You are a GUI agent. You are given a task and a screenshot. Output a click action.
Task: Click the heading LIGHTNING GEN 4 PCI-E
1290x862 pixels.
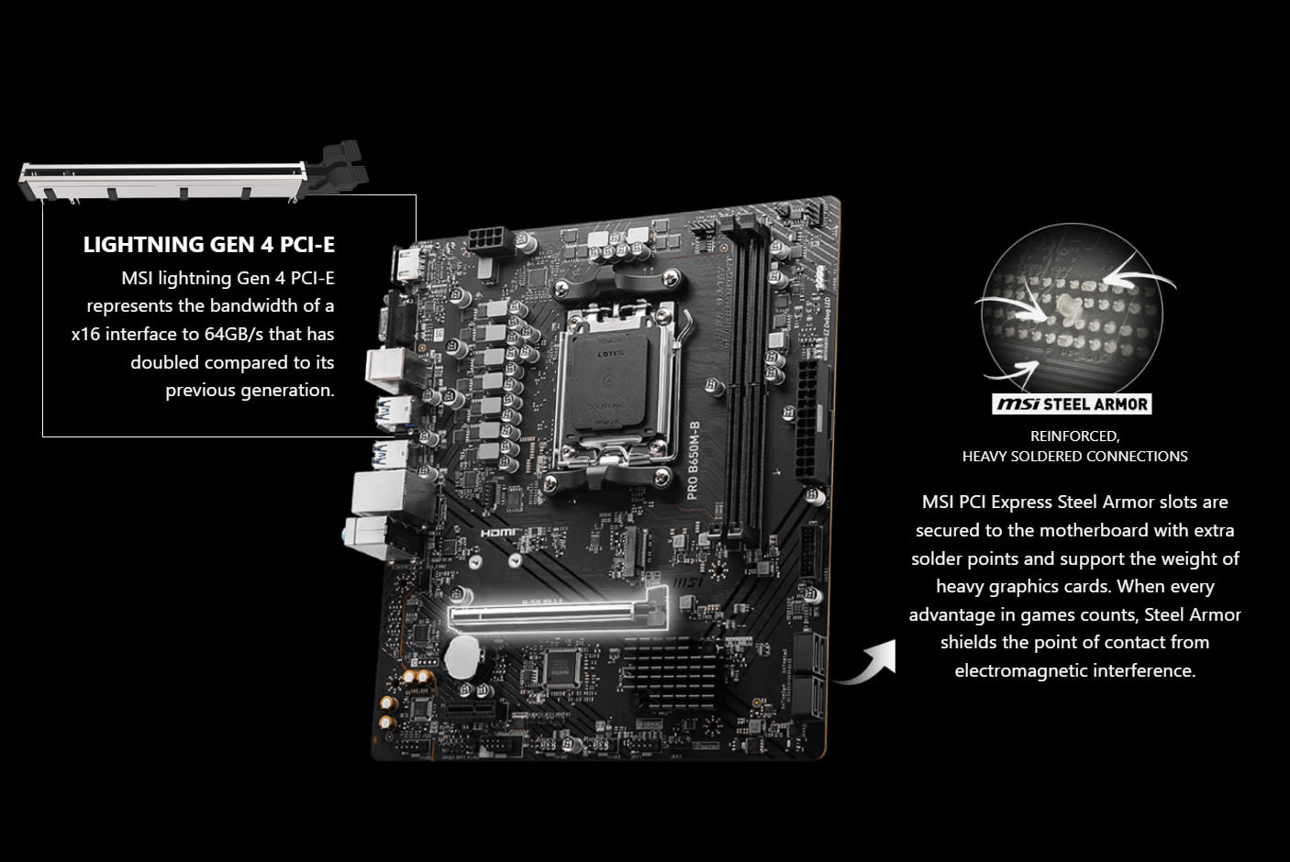coord(208,245)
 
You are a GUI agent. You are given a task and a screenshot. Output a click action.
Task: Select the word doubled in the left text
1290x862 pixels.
coord(164,362)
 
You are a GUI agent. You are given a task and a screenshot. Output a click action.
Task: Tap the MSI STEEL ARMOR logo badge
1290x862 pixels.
coord(1072,404)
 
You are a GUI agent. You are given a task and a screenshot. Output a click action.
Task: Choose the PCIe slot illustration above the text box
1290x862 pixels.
coord(193,178)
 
